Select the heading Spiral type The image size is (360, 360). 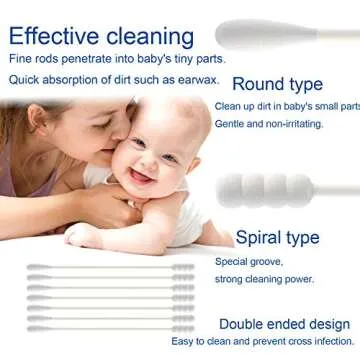coord(276,237)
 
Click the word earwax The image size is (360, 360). coord(191,82)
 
